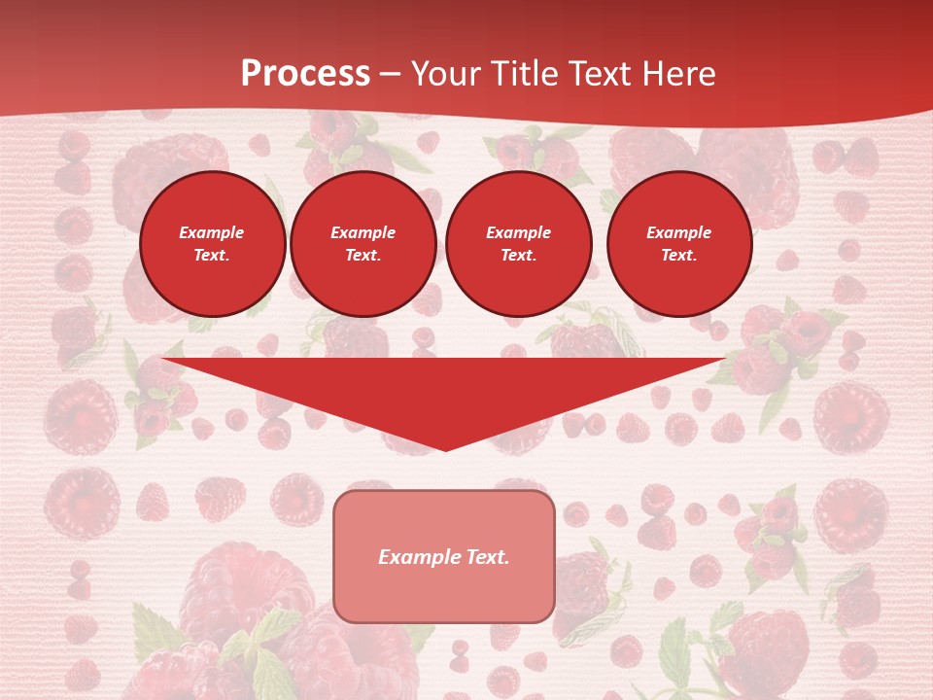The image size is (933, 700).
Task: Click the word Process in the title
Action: pos(305,74)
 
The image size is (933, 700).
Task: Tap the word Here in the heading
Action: pos(677,74)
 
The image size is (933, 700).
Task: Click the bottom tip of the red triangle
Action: pos(446,449)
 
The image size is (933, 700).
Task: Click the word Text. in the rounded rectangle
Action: pos(488,557)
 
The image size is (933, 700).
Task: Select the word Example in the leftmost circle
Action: pos(212,232)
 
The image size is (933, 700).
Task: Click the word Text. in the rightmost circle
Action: pos(679,255)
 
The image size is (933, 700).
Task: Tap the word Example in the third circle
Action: pos(519,232)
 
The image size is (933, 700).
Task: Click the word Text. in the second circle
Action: pos(363,255)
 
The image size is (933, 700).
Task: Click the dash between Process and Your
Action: pos(391,75)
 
